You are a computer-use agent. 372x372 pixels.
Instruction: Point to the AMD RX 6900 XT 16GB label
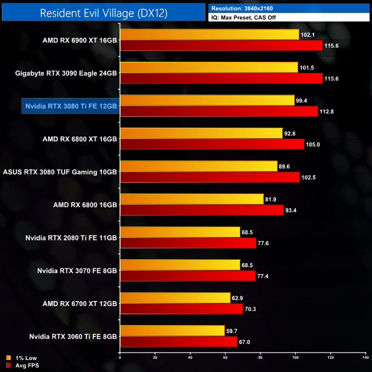tap(80, 40)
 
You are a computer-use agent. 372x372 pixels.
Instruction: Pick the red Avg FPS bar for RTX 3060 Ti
tap(179, 342)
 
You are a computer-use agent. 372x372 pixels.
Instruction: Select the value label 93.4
tap(293, 210)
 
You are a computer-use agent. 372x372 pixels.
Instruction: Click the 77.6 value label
tap(266, 243)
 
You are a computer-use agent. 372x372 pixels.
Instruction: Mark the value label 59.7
tap(234, 331)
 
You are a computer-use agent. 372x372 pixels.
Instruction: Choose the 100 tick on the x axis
tap(295, 358)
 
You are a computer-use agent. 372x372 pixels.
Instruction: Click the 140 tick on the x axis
tap(365, 358)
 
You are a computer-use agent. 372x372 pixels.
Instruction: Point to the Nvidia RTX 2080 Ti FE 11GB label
tap(71, 238)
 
